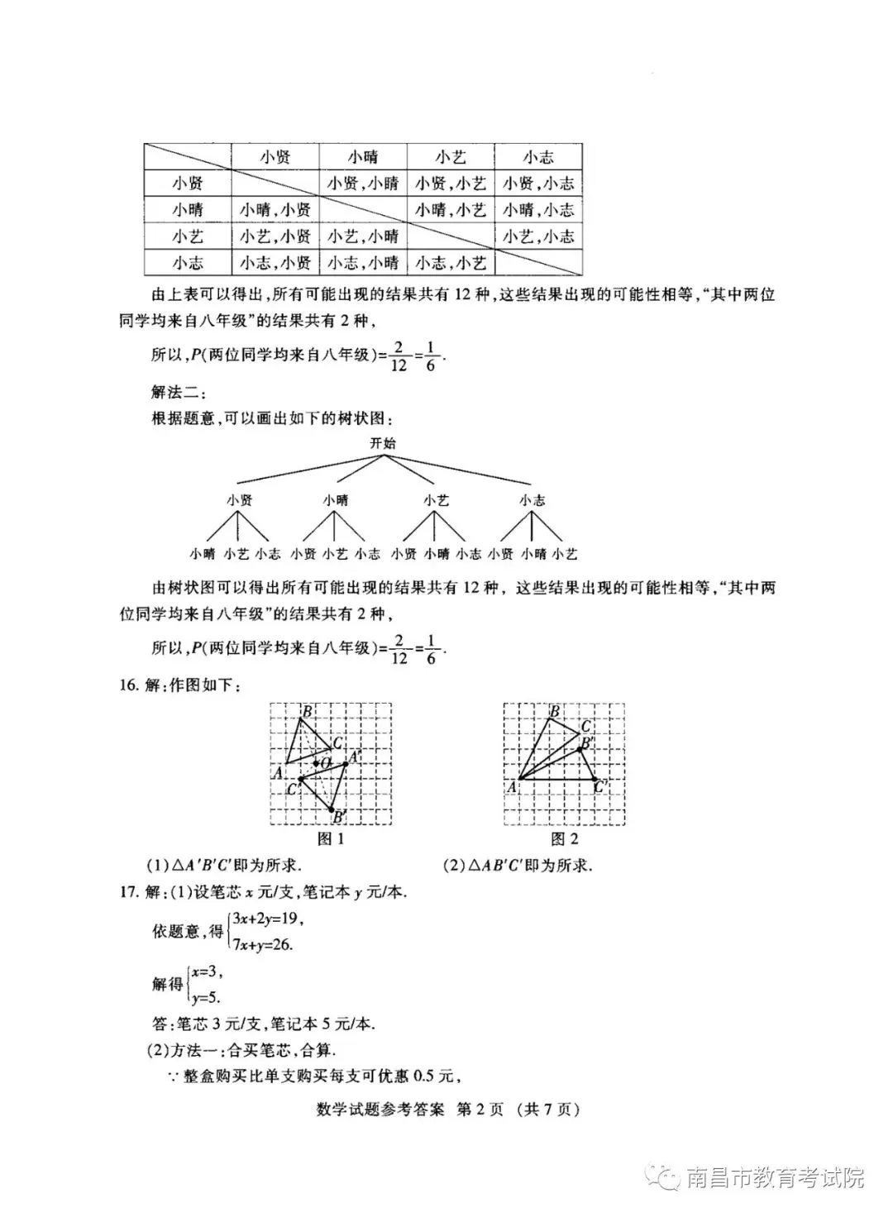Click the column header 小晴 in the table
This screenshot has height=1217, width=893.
pyautogui.click(x=363, y=157)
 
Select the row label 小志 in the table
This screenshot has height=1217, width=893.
pyautogui.click(x=188, y=263)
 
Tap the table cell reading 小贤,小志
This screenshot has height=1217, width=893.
pyautogui.click(x=538, y=184)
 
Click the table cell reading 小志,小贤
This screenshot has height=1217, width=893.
pyautogui.click(x=275, y=263)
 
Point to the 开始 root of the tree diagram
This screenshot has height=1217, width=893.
pyautogui.click(x=383, y=443)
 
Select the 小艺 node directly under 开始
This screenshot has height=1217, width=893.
pyautogui.click(x=436, y=500)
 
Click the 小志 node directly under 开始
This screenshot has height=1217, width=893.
pyautogui.click(x=532, y=500)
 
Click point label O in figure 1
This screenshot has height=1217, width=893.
pyautogui.click(x=326, y=761)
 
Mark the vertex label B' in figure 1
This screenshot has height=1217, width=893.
pyautogui.click(x=339, y=817)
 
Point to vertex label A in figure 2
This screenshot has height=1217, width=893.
pyautogui.click(x=512, y=788)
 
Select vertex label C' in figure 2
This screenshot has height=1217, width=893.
pyautogui.click(x=601, y=786)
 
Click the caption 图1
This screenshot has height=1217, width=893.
pyautogui.click(x=331, y=839)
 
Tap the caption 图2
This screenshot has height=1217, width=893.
pyautogui.click(x=564, y=839)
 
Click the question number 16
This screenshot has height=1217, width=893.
pyautogui.click(x=128, y=685)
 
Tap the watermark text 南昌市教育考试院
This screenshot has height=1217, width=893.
pyautogui.click(x=775, y=1177)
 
